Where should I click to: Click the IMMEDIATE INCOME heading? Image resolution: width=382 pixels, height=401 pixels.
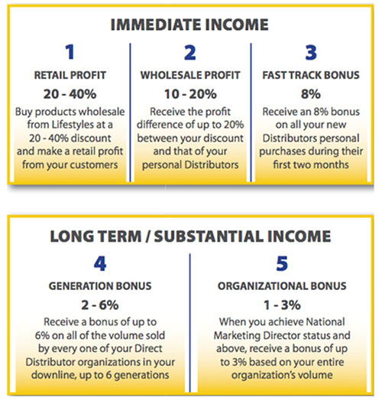(x=189, y=24)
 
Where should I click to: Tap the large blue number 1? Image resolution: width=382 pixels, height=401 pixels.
(x=70, y=52)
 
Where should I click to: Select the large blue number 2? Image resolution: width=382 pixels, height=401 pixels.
(x=190, y=53)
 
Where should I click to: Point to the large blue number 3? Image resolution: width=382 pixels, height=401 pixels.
(x=311, y=53)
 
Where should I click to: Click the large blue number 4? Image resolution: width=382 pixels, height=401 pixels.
(x=100, y=263)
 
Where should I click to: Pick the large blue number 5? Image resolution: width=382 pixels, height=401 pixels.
(x=282, y=263)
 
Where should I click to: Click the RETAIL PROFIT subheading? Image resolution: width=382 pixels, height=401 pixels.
(x=70, y=75)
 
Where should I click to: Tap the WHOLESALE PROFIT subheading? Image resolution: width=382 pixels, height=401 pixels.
(x=190, y=75)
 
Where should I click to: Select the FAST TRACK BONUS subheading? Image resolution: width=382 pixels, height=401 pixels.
(x=311, y=75)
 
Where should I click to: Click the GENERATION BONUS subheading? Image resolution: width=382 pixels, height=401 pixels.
(x=100, y=286)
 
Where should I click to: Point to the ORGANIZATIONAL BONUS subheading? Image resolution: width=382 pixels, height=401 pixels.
(x=282, y=286)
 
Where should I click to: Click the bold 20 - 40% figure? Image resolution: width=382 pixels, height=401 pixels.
(x=70, y=94)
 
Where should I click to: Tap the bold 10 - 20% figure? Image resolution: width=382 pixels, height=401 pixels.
(x=190, y=94)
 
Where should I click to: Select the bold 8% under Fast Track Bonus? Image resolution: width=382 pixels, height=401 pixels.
(x=311, y=94)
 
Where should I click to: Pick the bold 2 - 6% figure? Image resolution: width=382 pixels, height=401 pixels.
(x=100, y=305)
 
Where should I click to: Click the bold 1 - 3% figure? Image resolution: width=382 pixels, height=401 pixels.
(x=282, y=305)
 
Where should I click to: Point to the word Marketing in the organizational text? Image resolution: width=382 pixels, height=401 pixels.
(x=237, y=336)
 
